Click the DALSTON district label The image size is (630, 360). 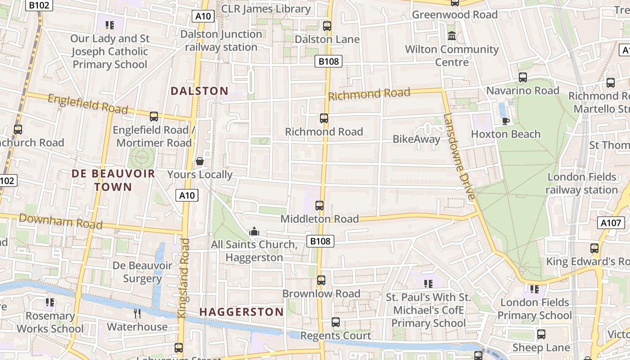(199, 91)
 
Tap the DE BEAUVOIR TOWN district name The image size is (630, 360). (113, 180)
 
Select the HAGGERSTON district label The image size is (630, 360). (241, 312)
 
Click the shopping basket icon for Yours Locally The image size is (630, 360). (200, 161)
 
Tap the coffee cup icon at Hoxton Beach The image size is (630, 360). (505, 121)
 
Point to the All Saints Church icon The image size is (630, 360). (254, 231)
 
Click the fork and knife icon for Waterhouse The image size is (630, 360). (137, 313)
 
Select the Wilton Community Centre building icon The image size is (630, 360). (451, 36)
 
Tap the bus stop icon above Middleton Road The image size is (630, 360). (319, 206)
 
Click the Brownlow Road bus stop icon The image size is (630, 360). (321, 280)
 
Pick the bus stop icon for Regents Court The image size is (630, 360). (336, 322)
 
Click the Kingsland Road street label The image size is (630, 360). (184, 278)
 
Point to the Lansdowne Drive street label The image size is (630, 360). (459, 157)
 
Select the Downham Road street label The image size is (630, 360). (61, 221)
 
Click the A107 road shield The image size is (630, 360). (611, 223)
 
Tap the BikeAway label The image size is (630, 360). (416, 139)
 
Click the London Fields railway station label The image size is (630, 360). (581, 183)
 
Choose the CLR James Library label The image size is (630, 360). (266, 9)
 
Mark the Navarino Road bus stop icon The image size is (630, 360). (522, 77)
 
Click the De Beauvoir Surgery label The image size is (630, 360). (142, 272)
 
